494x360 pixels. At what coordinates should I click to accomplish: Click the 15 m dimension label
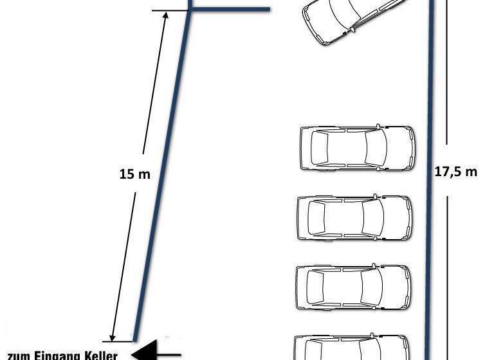click(x=135, y=174)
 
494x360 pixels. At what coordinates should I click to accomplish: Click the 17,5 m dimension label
click(x=456, y=172)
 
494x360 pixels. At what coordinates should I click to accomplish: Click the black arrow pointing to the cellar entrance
click(x=156, y=351)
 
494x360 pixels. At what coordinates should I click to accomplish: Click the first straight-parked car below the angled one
click(x=358, y=148)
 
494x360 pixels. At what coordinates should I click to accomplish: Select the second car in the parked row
click(x=355, y=218)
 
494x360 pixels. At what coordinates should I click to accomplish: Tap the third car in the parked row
click(x=353, y=287)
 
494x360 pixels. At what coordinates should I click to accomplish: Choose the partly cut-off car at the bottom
click(x=352, y=347)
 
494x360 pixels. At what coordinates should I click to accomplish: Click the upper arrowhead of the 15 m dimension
click(x=165, y=15)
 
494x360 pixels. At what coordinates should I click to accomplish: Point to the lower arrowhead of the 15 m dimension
click(x=113, y=337)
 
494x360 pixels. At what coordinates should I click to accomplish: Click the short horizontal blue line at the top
click(x=230, y=10)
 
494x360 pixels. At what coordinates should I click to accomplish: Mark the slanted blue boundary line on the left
click(x=162, y=175)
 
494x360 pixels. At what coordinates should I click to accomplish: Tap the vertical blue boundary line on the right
click(x=430, y=180)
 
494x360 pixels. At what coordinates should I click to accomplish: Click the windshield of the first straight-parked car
click(x=376, y=147)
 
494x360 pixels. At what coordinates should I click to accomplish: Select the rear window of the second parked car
click(x=316, y=218)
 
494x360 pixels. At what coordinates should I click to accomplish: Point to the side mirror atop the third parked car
click(x=374, y=266)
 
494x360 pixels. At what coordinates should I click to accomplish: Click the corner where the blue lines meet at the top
click(x=190, y=10)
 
